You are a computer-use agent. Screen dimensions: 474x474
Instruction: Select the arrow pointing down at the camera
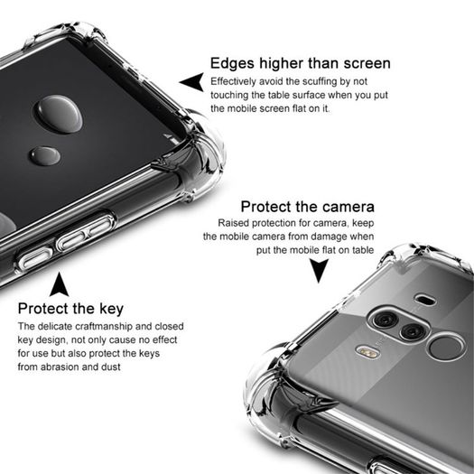[x=319, y=269]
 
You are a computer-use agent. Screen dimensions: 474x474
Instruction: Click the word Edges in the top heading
[x=232, y=64]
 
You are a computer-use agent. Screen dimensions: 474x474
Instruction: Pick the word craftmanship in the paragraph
[x=104, y=327]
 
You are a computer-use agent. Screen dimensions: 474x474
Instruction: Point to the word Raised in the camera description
[x=233, y=223]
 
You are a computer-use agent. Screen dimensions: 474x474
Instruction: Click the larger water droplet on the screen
[x=59, y=114]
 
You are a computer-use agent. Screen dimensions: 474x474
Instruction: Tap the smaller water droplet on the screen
[x=45, y=156]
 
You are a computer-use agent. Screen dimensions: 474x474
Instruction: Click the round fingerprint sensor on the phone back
[x=446, y=347]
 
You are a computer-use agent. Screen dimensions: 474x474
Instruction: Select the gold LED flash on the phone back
[x=367, y=352]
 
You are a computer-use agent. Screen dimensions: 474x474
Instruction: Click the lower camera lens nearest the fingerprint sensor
[x=413, y=331]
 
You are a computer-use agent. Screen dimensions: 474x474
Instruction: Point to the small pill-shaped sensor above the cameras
[x=425, y=300]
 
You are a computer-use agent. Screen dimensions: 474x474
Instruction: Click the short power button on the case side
[x=35, y=258]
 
